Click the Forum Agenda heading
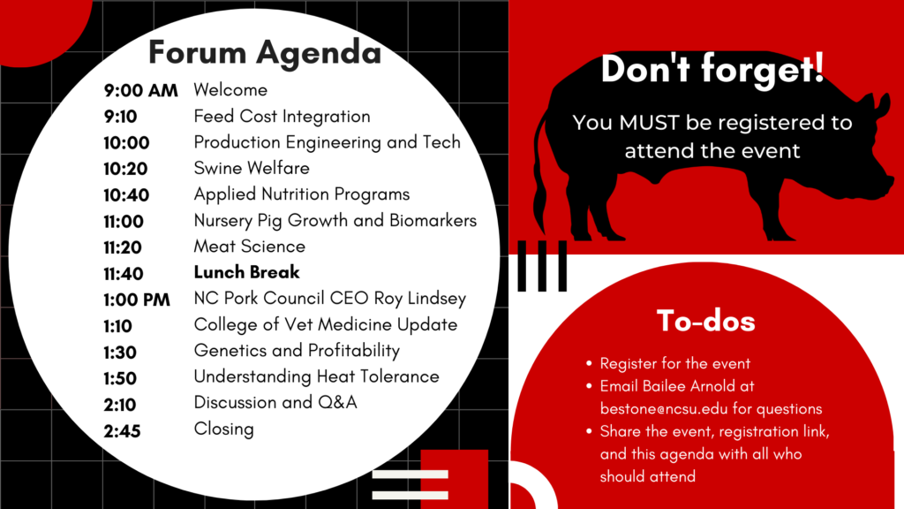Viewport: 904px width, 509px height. [265, 52]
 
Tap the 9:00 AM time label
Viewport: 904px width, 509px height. [140, 91]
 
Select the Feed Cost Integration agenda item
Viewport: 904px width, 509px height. [282, 117]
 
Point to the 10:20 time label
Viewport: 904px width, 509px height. [125, 169]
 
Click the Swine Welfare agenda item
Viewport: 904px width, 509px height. [252, 168]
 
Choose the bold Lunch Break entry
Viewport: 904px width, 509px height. [247, 272]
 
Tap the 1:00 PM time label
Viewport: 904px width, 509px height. [137, 300]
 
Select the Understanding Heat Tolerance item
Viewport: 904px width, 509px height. [317, 376]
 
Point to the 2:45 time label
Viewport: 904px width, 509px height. [122, 431]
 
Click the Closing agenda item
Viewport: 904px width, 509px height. [223, 429]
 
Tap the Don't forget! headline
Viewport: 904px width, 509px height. [712, 69]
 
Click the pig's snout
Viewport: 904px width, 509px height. [886, 187]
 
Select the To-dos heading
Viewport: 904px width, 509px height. [705, 321]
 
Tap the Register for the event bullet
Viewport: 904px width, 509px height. [675, 363]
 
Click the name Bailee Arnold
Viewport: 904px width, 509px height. [685, 386]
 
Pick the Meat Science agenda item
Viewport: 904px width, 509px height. [250, 247]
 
